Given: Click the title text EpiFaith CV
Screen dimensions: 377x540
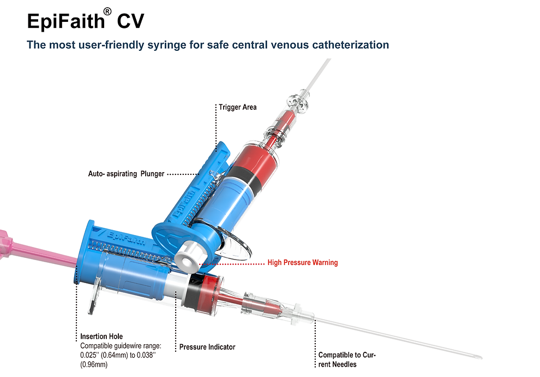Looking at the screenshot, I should coord(85,22).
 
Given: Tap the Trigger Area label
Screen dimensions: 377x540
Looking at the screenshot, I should coord(237,107).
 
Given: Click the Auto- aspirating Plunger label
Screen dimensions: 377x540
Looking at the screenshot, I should coord(126,174).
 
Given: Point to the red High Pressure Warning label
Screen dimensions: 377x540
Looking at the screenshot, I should coord(302,263).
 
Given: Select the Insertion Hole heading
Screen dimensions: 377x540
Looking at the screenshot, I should coord(101,337).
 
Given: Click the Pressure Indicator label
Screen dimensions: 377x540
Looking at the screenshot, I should coord(207,347).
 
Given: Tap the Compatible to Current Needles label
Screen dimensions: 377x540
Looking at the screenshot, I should coord(347,359).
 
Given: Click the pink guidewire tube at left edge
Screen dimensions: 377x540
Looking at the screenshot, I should coord(33,251).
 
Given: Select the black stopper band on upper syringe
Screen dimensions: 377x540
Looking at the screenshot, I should coord(241,180).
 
